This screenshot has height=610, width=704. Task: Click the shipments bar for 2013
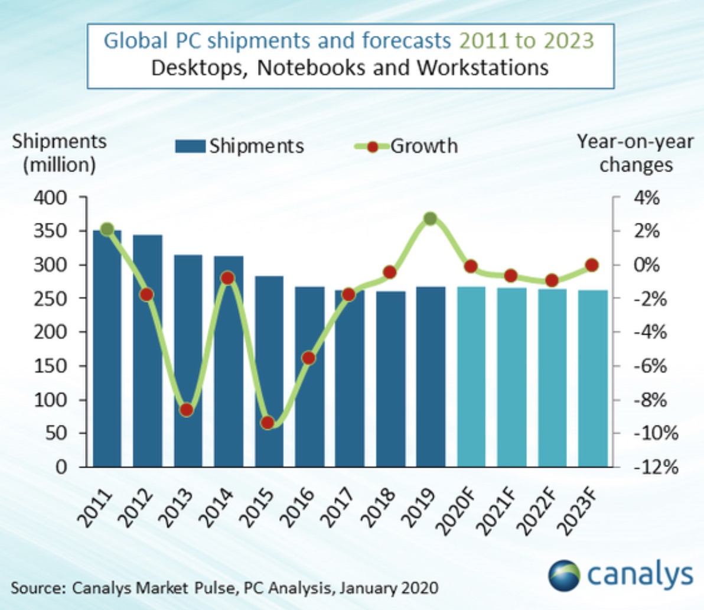(188, 361)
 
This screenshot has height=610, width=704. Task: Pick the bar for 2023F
(592, 378)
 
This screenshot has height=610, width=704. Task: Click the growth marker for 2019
(430, 219)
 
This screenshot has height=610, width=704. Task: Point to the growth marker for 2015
(268, 423)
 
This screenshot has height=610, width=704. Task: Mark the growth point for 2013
(187, 410)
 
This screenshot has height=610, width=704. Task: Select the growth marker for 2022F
(552, 280)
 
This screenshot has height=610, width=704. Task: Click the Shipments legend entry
(239, 146)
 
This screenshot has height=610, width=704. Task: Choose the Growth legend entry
(406, 145)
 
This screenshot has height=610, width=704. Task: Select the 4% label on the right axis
(647, 197)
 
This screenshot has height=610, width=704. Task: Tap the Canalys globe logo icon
(564, 575)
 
